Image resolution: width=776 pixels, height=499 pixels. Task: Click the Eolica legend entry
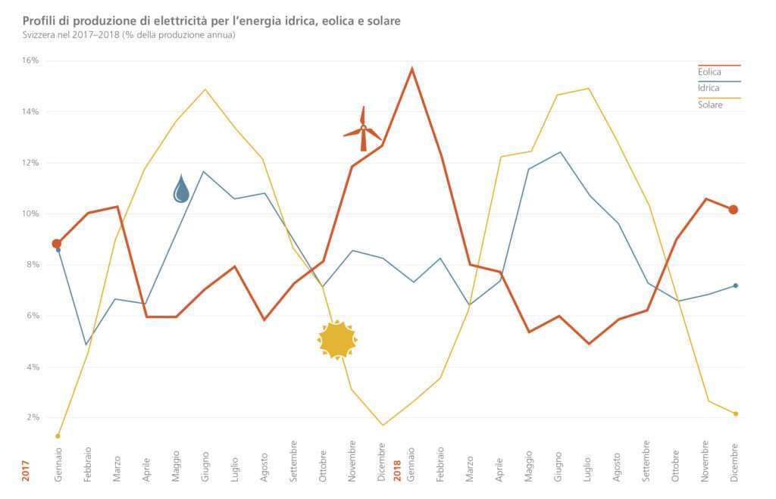pos(709,72)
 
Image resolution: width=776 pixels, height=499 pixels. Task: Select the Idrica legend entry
pos(709,88)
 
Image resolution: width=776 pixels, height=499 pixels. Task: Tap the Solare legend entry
pos(710,104)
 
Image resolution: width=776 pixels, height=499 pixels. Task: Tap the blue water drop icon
pos(181,189)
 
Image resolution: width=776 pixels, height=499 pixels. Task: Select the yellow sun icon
pos(337,340)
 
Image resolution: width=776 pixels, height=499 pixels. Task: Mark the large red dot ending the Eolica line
pos(734,210)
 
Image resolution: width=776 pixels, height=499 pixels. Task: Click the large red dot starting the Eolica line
pos(57,244)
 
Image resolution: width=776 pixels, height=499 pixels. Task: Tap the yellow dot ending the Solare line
pos(735,413)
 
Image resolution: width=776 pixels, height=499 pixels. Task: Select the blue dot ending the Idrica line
pos(735,285)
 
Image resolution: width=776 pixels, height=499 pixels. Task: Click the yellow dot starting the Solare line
pos(58,436)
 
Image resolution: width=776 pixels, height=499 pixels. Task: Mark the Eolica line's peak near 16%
pos(411,68)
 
